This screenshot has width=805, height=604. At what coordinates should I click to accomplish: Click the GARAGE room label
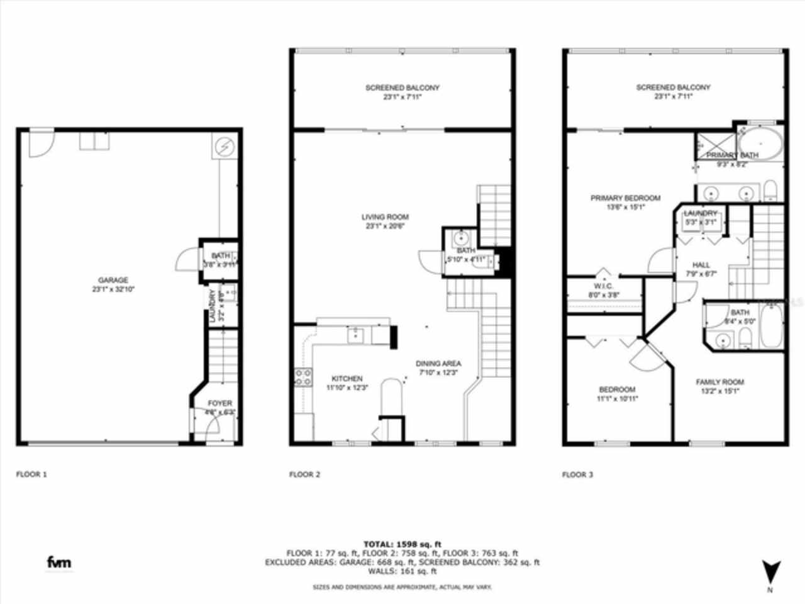(x=113, y=281)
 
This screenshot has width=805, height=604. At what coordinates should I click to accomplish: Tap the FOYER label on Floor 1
(x=219, y=403)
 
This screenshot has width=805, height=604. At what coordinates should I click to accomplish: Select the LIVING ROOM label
(x=385, y=217)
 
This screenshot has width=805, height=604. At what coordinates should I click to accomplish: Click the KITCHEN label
(x=347, y=379)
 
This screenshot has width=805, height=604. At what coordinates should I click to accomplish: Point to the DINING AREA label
(x=438, y=364)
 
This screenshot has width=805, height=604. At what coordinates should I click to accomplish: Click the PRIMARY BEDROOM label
(x=625, y=198)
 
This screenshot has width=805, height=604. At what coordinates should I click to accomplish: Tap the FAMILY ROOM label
(x=719, y=382)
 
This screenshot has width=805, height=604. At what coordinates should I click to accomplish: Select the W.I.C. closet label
(x=602, y=286)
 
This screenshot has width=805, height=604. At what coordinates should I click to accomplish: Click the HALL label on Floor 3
(x=701, y=266)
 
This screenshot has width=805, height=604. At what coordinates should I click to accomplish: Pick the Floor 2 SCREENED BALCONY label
(x=402, y=88)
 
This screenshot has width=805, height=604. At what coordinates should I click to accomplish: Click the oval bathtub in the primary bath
(x=760, y=144)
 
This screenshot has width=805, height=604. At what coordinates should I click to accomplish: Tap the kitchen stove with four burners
(x=303, y=377)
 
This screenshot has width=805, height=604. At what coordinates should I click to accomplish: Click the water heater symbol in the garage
(x=224, y=146)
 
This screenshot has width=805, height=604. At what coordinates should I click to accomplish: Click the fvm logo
(x=59, y=562)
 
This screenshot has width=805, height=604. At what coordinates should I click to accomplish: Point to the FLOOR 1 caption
(x=31, y=474)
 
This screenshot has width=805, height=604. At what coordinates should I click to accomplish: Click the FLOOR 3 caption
(x=577, y=474)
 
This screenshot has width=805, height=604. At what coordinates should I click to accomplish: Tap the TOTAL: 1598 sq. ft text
(x=402, y=544)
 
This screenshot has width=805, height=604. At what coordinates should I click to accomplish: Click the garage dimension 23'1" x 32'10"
(x=113, y=289)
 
